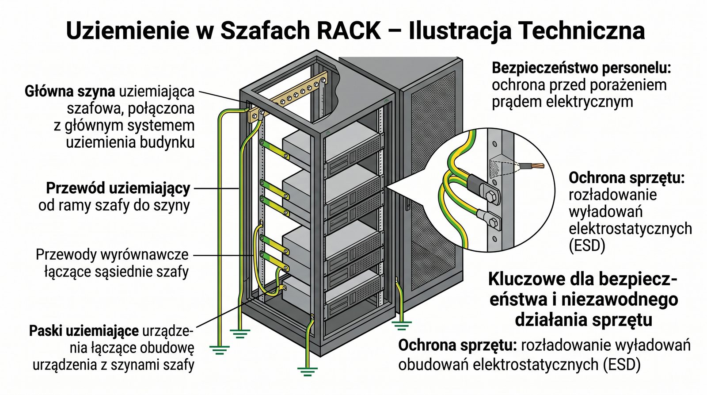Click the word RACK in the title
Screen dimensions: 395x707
coord(348,31)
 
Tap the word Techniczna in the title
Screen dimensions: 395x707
coord(581,31)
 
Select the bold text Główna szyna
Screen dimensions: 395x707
coord(70,91)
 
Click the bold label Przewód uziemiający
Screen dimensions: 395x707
coord(118,188)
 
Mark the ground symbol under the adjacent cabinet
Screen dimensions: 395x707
coord(401,326)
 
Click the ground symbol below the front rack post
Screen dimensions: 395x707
coord(307,371)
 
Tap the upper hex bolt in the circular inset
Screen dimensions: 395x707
coord(490,196)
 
